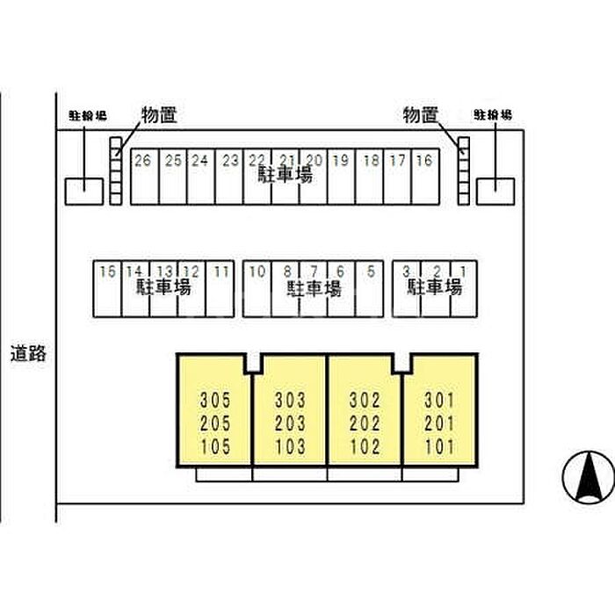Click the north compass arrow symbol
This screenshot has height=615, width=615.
click(585, 476)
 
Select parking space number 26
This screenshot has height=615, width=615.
click(144, 176)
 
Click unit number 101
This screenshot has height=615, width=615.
click(439, 447)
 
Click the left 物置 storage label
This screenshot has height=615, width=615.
click(159, 114)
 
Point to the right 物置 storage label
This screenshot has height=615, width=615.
click(421, 114)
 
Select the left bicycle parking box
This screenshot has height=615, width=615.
click(83, 191)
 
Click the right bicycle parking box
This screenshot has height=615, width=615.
click(496, 191)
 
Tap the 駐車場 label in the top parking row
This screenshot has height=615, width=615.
click(285, 175)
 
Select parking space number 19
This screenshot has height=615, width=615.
click(341, 176)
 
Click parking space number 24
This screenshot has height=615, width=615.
click(200, 176)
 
